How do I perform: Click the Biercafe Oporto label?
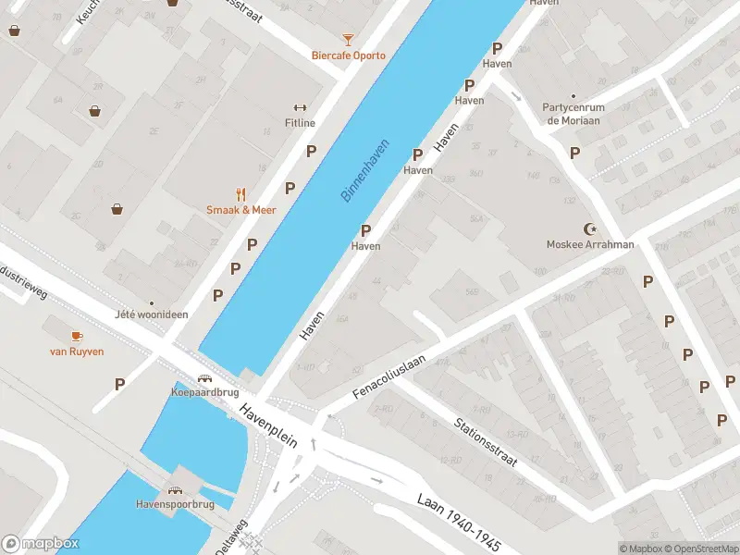(348, 55)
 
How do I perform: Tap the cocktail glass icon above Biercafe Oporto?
(348, 39)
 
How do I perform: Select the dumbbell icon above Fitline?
(300, 107)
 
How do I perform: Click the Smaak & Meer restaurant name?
(240, 210)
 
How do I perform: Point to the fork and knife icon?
(240, 194)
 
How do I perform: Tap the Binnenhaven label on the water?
(365, 170)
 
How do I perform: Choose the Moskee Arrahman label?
(589, 245)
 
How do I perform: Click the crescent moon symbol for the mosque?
(589, 228)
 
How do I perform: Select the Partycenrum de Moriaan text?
(573, 114)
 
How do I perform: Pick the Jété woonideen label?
(151, 314)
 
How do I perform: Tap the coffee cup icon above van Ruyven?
(76, 336)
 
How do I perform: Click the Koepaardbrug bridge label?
(203, 391)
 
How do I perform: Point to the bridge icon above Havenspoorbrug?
(173, 489)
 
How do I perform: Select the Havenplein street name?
(268, 425)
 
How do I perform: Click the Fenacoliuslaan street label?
(388, 376)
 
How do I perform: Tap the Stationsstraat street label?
(485, 441)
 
